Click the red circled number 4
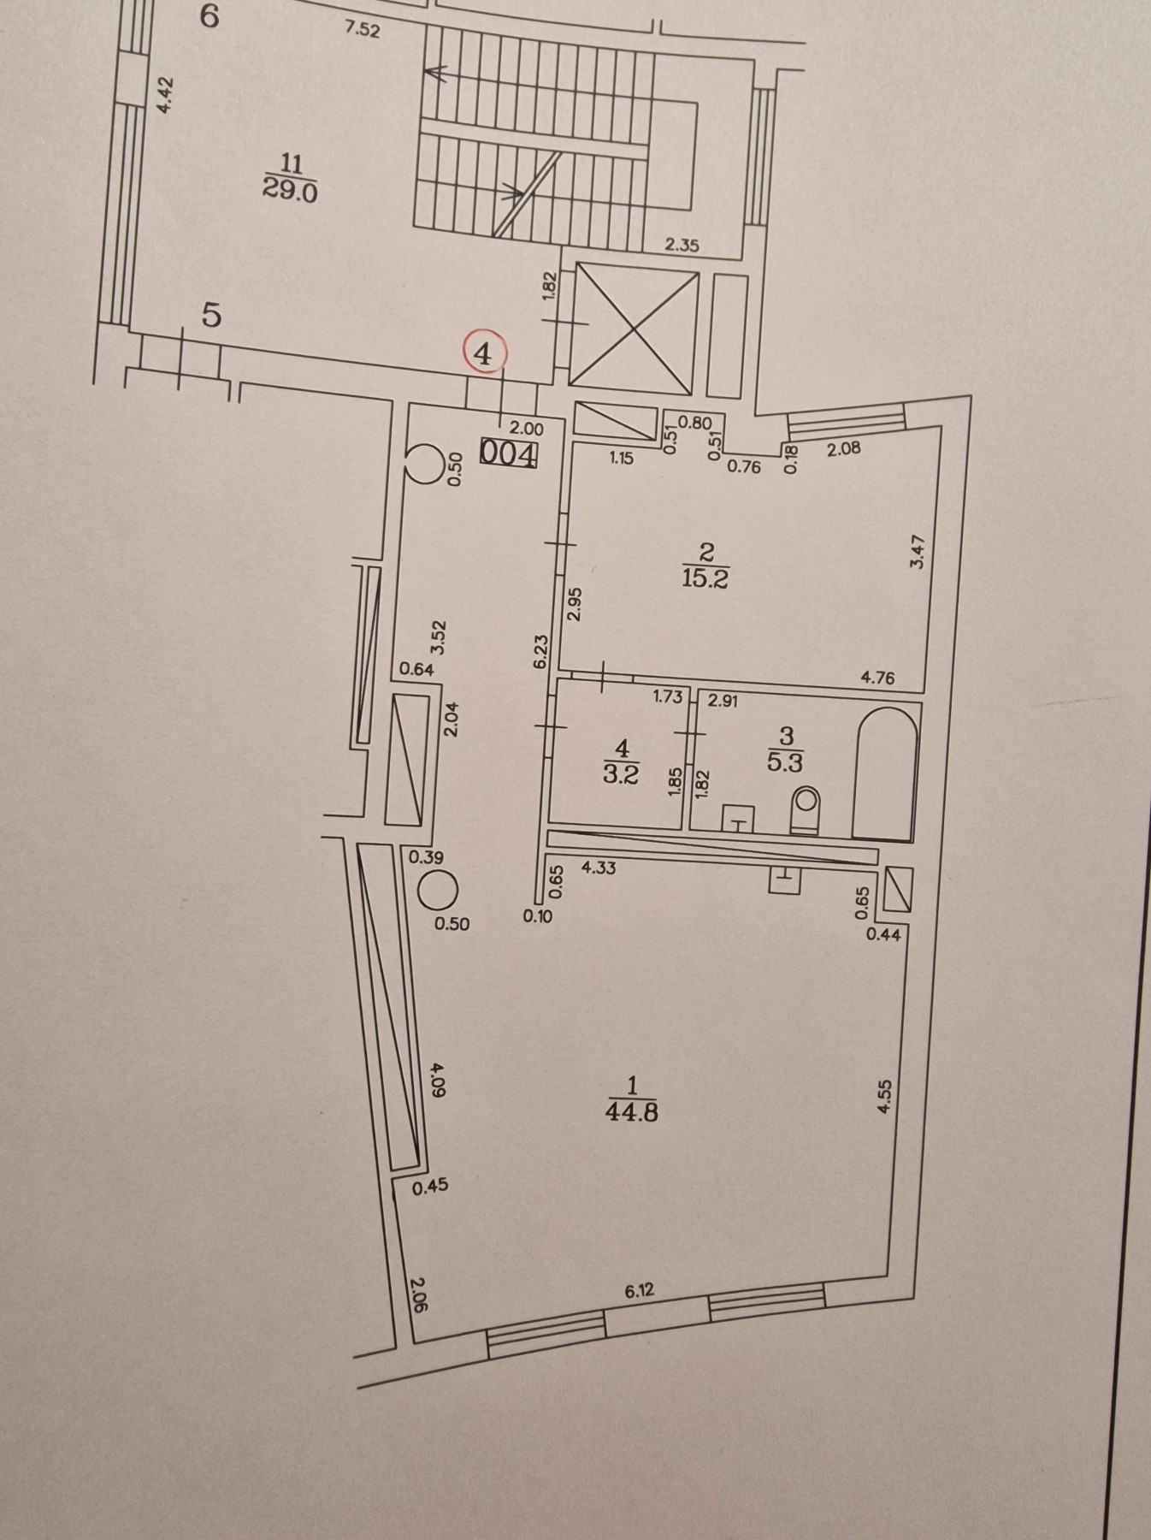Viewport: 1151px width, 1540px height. tap(484, 353)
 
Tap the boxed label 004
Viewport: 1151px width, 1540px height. tap(509, 452)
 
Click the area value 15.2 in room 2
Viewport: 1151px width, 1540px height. tap(705, 579)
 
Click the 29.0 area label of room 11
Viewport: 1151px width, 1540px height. tap(291, 191)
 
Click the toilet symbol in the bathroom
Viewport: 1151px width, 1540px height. tap(806, 809)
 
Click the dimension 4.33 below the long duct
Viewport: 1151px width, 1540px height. tap(598, 868)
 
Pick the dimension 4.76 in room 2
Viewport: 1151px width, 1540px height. tap(877, 678)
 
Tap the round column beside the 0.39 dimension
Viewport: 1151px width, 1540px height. tap(438, 891)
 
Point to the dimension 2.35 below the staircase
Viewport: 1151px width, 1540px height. tap(682, 245)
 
